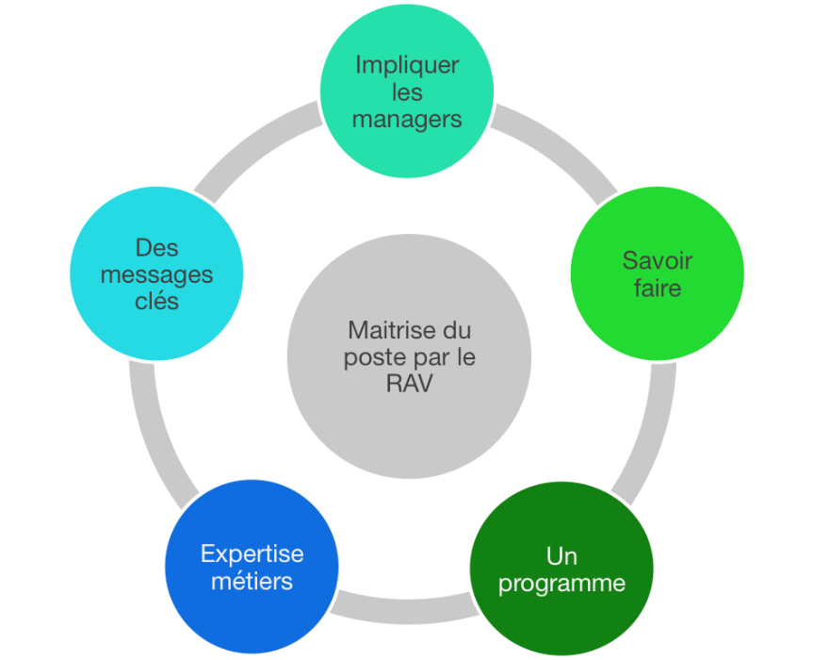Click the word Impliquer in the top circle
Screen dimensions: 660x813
pyautogui.click(x=407, y=66)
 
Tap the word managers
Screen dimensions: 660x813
pyautogui.click(x=407, y=119)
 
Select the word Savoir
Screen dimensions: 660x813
pyautogui.click(x=658, y=260)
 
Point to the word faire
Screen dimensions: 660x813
pyautogui.click(x=658, y=288)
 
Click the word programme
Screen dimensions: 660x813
pyautogui.click(x=561, y=583)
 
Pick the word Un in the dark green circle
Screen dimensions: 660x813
pyautogui.click(x=561, y=556)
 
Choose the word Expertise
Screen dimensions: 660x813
pyautogui.click(x=252, y=554)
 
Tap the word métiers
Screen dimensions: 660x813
pyautogui.click(x=252, y=581)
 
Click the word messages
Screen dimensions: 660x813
pyautogui.click(x=156, y=274)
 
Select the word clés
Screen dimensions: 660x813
pyautogui.click(x=156, y=302)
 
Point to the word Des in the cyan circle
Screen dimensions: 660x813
pyautogui.click(x=156, y=248)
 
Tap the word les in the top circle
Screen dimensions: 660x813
pyautogui.click(x=407, y=92)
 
